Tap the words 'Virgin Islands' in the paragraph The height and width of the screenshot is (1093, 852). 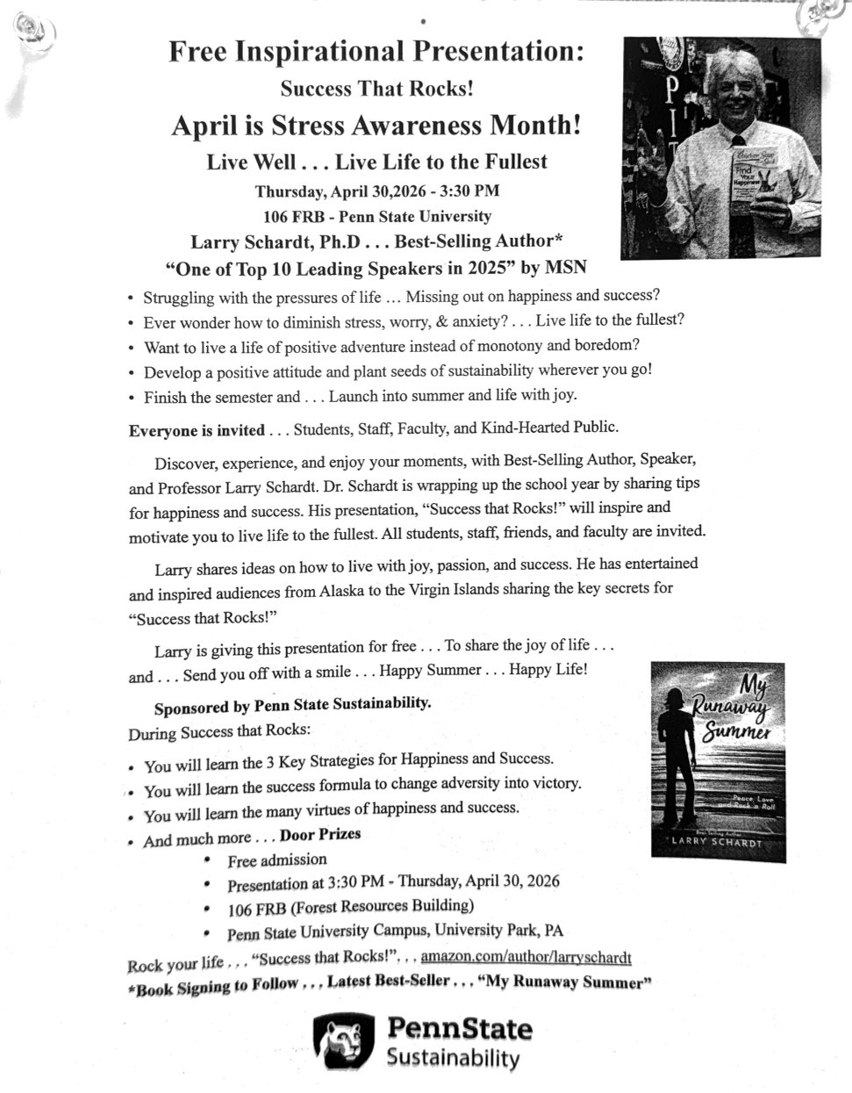point(474,589)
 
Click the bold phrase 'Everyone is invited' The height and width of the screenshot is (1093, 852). point(197,430)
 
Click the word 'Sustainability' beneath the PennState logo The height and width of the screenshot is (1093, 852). point(453,1059)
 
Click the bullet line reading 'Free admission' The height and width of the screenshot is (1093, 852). point(276,859)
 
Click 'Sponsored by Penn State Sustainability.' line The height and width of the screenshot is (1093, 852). point(292,705)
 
